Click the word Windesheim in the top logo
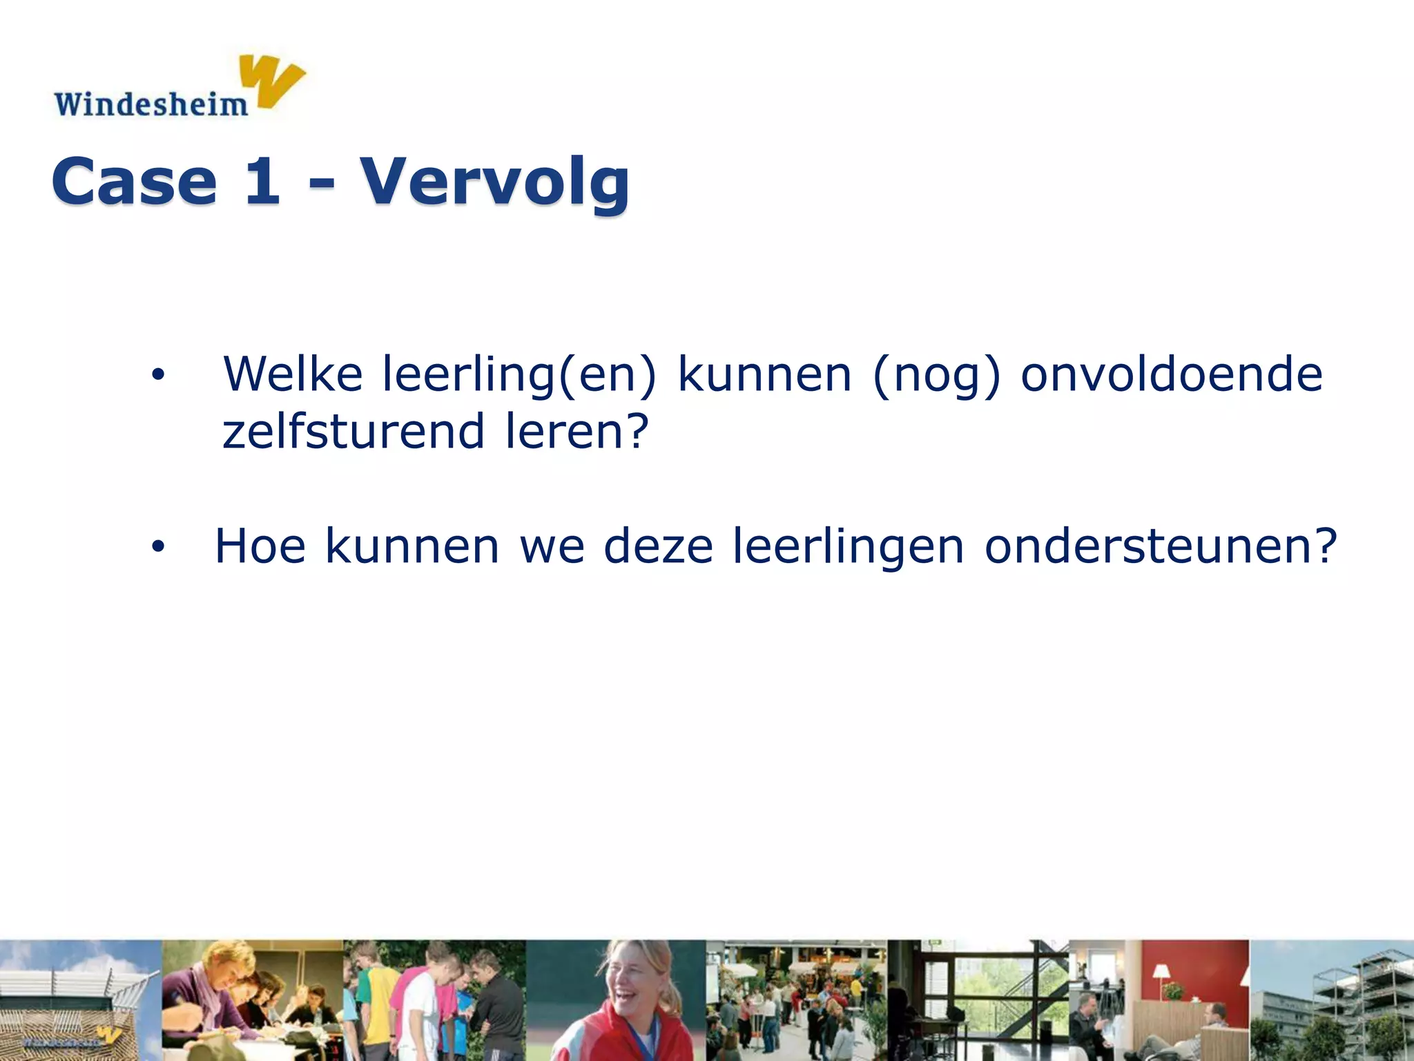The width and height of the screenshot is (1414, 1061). click(x=151, y=104)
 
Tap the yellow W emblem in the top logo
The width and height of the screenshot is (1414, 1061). click(x=274, y=82)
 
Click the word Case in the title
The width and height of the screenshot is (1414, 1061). click(x=135, y=182)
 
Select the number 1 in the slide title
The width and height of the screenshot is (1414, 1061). click(x=263, y=180)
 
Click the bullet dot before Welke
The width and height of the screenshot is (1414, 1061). click(x=158, y=375)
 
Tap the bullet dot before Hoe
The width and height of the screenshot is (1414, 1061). click(x=158, y=547)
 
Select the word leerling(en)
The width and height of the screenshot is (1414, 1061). click(x=519, y=375)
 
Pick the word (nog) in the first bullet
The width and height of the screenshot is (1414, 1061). click(x=936, y=375)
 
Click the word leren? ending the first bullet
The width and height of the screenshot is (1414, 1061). click(x=577, y=431)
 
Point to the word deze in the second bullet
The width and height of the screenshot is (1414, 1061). click(x=658, y=546)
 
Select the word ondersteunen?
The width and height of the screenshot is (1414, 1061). click(x=1161, y=546)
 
